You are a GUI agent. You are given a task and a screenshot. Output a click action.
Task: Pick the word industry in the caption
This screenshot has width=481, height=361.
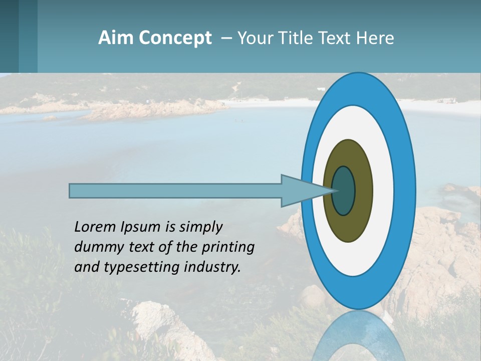click(212, 267)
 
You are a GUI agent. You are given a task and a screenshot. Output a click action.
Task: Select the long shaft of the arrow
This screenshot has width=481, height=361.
click(175, 191)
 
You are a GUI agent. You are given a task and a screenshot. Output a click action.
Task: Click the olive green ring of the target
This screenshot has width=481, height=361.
click(349, 226)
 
